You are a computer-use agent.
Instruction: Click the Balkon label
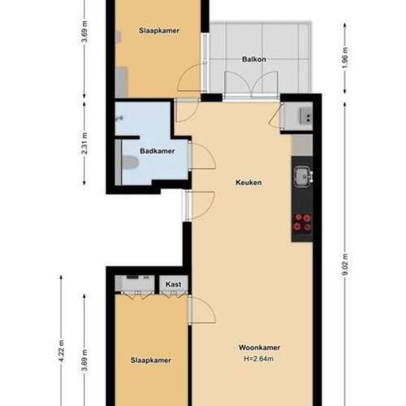pyautogui.click(x=254, y=59)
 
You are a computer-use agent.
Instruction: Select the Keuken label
pyautogui.click(x=248, y=183)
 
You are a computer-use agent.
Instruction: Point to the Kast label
pyautogui.click(x=173, y=283)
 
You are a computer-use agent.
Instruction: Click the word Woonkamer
pyautogui.click(x=260, y=347)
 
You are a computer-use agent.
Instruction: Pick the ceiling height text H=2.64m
pyautogui.click(x=260, y=358)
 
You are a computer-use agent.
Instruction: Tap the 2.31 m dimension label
pyautogui.click(x=85, y=148)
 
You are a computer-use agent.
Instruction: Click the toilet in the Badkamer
pyautogui.click(x=129, y=162)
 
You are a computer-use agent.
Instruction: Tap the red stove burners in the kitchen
pyautogui.click(x=302, y=222)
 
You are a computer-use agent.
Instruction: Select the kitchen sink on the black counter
pyautogui.click(x=303, y=175)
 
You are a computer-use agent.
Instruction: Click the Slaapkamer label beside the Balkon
pyautogui.click(x=158, y=30)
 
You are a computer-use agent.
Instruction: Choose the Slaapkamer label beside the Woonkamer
pyautogui.click(x=151, y=359)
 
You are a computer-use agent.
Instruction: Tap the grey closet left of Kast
pyautogui.click(x=134, y=283)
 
